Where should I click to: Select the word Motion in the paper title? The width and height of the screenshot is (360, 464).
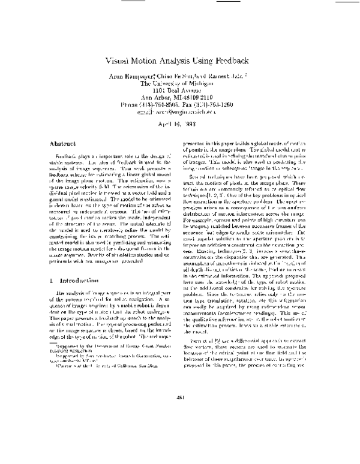click(152, 61)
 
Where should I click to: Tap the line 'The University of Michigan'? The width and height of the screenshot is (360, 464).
click(180, 85)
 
